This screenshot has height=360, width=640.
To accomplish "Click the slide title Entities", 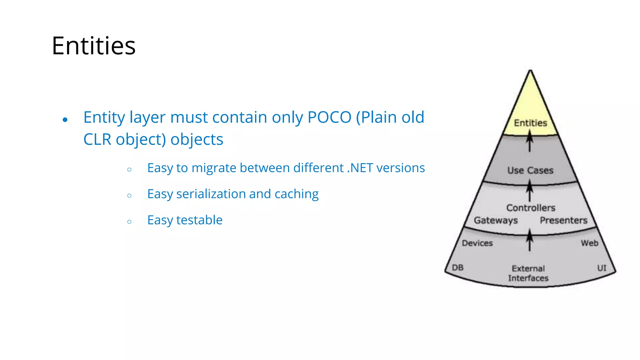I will [93, 46].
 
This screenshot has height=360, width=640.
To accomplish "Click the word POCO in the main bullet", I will [329, 117].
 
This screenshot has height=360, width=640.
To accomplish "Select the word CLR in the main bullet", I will [97, 140].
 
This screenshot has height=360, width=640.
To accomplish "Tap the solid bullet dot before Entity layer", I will [65, 120].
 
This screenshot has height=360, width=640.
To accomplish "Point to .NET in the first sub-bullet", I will [360, 168].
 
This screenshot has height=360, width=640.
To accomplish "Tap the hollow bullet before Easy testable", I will [129, 222].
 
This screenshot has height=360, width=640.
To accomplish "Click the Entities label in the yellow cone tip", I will [530, 123].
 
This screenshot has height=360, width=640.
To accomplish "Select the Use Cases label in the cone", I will [530, 170].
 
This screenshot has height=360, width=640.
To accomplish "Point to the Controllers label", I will [531, 208].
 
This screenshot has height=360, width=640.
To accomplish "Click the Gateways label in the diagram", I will [496, 220].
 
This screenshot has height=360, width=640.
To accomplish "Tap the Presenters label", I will [563, 220].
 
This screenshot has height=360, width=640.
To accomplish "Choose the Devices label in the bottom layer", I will [477, 243].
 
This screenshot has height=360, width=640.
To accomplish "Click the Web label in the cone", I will [589, 243].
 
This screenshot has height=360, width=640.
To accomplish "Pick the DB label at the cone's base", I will [457, 267].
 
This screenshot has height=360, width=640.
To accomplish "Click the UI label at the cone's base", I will [602, 268].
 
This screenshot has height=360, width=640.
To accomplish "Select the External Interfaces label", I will [528, 273].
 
